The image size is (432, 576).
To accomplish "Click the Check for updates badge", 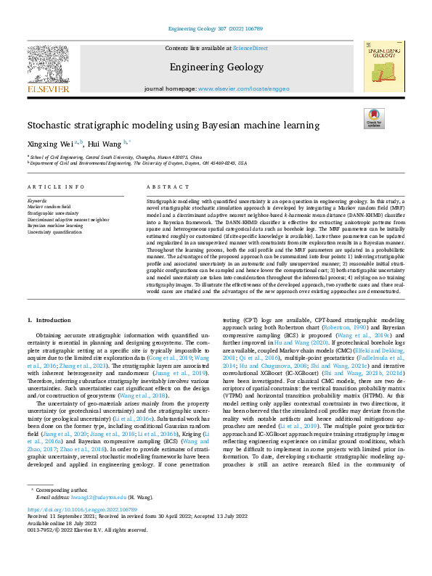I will pos(374,119).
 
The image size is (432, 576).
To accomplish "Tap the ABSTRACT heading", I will pos(163,186).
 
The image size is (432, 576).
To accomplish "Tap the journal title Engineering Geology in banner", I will pos(216,67).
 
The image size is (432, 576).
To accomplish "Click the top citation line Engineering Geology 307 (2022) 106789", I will pos(216,29).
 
